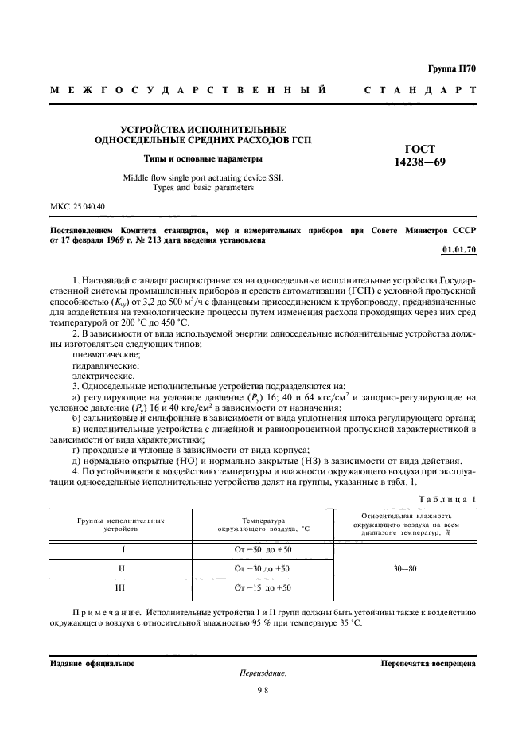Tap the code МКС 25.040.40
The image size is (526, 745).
[x=78, y=207]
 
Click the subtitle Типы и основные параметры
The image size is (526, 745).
[x=203, y=158]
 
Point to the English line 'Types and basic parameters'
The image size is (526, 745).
[x=203, y=188]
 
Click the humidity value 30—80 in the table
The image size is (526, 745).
[x=406, y=568]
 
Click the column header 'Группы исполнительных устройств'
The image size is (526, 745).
[x=122, y=525]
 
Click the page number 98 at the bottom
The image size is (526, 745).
[x=263, y=690]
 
